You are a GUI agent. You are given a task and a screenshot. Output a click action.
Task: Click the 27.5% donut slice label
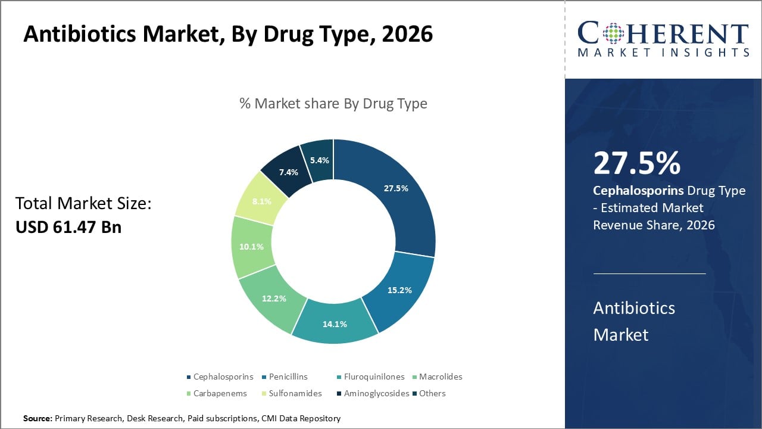click(396, 188)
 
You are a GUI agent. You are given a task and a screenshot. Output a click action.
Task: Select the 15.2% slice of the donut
click(399, 290)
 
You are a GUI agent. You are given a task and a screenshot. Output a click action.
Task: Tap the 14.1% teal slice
click(335, 324)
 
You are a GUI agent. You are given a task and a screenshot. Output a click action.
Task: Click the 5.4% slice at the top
click(318, 160)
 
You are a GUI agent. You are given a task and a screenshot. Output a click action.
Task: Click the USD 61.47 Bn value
click(68, 226)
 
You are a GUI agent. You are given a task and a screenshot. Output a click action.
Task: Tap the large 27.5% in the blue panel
click(636, 163)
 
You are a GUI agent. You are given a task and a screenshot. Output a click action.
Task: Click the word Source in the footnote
click(38, 419)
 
